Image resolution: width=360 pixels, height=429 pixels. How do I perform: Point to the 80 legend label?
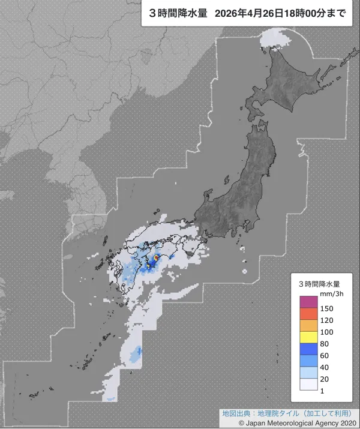coord(324,344)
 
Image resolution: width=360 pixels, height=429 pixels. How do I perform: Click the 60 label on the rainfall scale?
coord(324,356)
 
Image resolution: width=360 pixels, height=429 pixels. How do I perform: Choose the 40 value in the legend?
coord(324,368)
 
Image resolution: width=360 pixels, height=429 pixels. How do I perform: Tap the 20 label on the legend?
coord(324,380)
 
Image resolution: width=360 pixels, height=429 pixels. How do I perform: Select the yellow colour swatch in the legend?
coord(308,338)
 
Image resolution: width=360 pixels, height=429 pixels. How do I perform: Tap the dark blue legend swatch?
coord(308,350)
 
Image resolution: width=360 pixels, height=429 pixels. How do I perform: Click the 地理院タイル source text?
coord(276,413)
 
